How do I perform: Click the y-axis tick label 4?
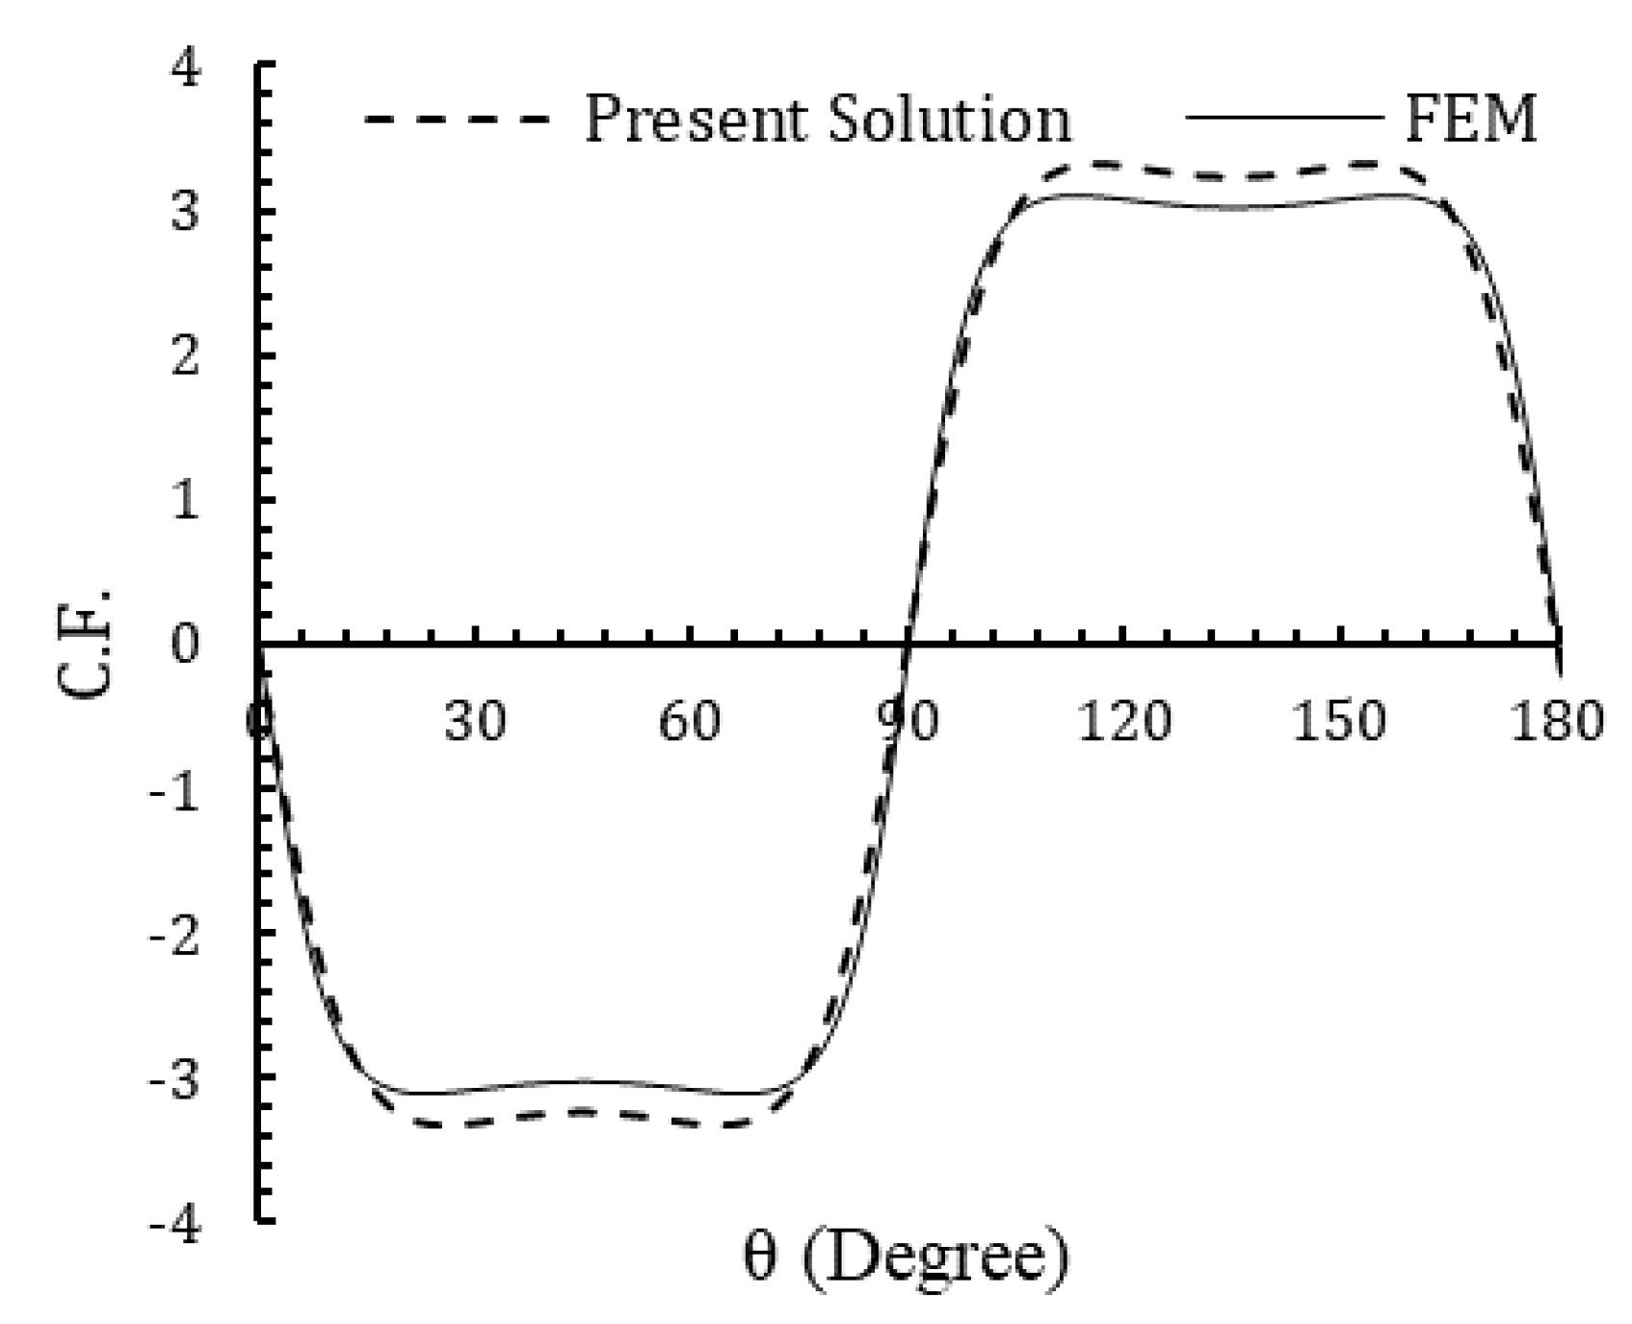(x=185, y=70)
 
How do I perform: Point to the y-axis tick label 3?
(x=185, y=213)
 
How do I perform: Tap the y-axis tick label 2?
(x=185, y=357)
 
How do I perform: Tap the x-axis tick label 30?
(x=475, y=720)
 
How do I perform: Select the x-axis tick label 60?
(x=690, y=720)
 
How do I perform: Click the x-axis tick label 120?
(x=1123, y=720)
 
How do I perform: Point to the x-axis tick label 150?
(x=1339, y=720)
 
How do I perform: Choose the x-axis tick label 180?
(x=1556, y=720)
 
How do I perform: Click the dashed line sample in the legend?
(x=457, y=119)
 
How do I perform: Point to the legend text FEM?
(x=1469, y=119)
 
